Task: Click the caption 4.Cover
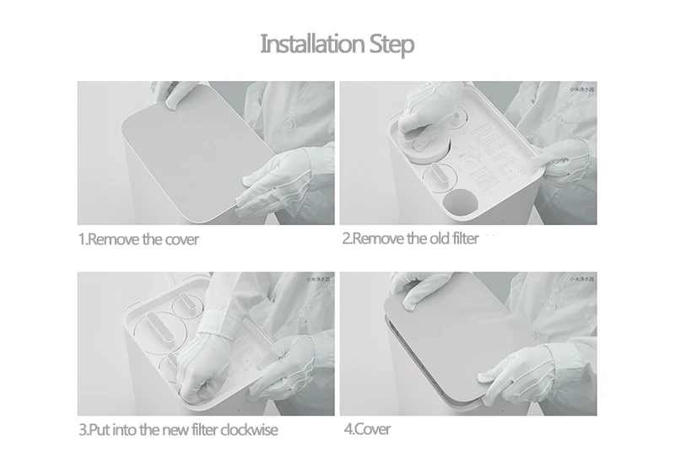tap(367, 429)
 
